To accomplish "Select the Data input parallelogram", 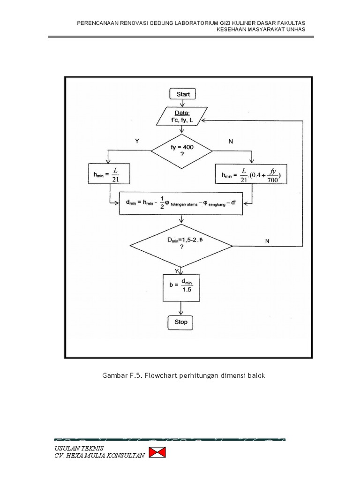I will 181,116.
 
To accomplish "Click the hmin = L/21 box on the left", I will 109,173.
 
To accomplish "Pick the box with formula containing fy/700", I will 252,174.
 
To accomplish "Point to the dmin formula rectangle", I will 181,202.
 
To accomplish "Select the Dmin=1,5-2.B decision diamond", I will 181,245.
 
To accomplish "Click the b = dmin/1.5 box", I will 181,287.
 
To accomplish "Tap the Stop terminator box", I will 181,322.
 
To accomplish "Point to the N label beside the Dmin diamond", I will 267,241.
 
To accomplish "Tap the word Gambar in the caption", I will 114,376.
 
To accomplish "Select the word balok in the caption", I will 255,376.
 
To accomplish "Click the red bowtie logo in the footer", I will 157,453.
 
